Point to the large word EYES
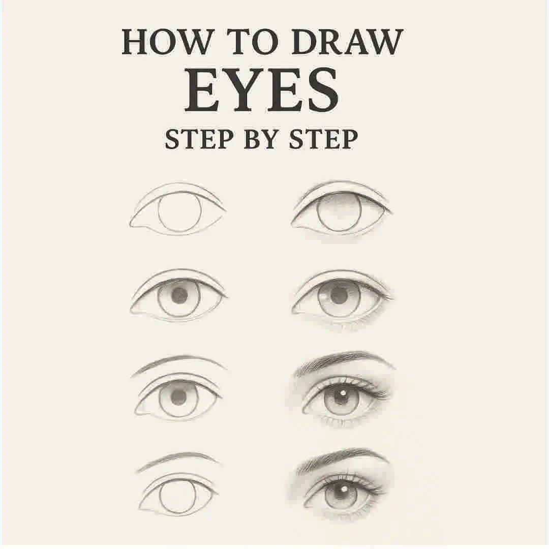[x=261, y=92]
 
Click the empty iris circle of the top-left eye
[x=179, y=212]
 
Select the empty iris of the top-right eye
[x=340, y=212]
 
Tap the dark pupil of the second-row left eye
[x=179, y=295]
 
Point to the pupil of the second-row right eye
[x=339, y=295]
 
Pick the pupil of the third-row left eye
[x=178, y=397]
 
